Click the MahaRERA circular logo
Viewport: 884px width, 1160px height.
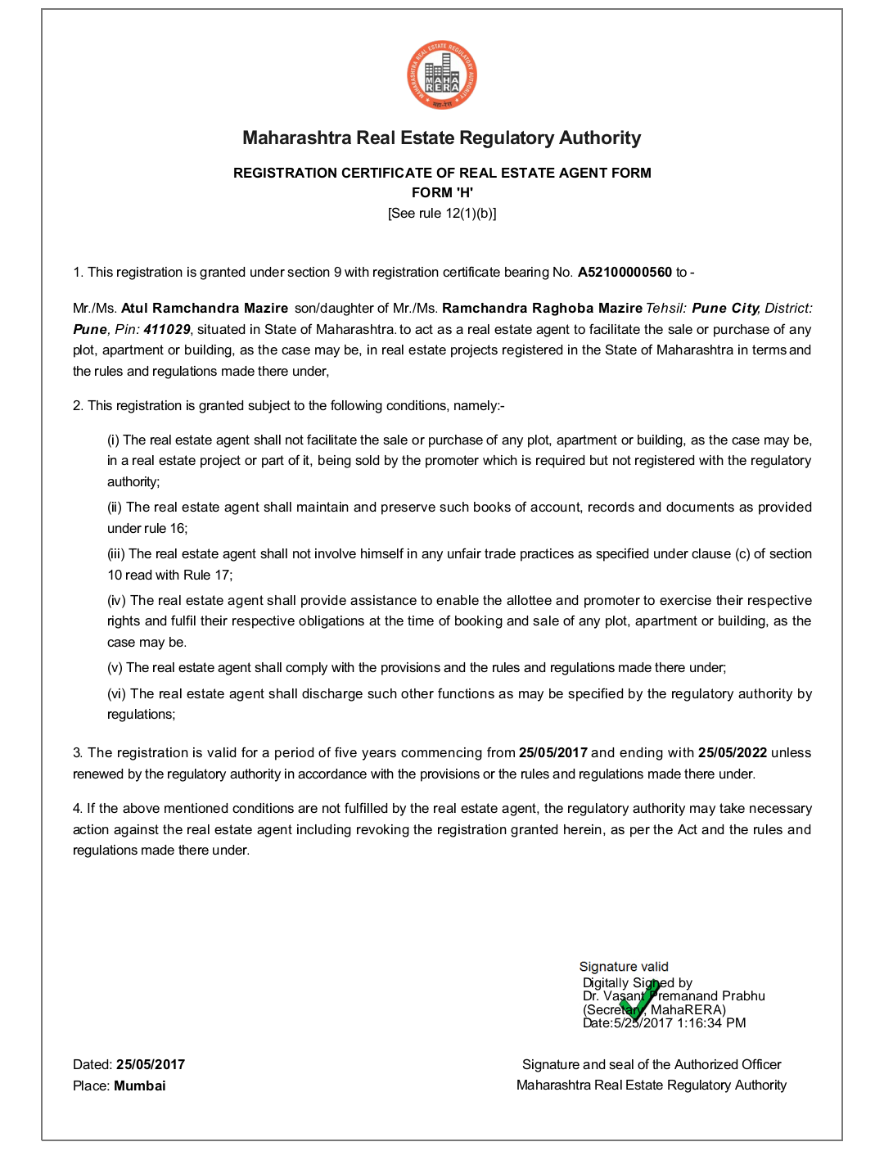[442, 75]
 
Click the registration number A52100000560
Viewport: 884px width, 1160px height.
[625, 273]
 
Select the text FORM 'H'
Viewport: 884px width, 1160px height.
[442, 192]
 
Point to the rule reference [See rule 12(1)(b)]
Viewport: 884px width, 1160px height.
[442, 214]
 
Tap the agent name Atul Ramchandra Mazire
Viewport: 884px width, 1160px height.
[205, 309]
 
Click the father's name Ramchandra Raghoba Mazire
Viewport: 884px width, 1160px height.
[542, 309]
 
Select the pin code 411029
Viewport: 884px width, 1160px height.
[167, 329]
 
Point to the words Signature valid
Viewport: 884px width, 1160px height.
[624, 967]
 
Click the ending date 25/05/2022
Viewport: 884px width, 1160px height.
[733, 753]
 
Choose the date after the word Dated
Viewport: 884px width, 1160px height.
[151, 1064]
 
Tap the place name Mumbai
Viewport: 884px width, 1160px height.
[140, 1086]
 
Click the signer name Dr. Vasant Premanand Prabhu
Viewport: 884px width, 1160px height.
[674, 996]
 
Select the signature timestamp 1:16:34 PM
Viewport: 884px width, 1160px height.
[711, 1023]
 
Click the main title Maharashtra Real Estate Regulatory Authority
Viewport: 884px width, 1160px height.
[442, 138]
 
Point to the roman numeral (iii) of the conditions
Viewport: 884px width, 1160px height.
[116, 554]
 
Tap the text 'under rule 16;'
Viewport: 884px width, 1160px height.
[147, 529]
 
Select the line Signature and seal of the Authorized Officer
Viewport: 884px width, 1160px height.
[652, 1064]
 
